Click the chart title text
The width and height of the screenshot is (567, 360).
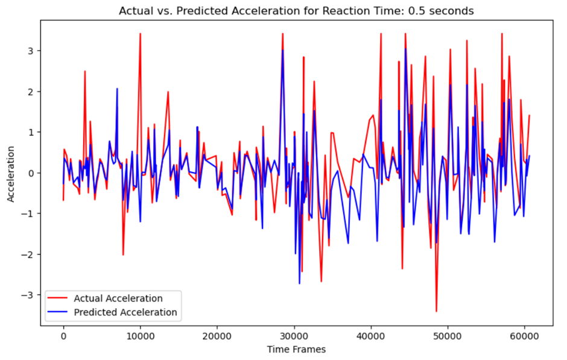pos(296,11)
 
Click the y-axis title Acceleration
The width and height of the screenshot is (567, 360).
pos(10,173)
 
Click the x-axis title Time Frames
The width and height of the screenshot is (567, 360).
pos(296,349)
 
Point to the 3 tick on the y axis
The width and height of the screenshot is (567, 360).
pos(32,51)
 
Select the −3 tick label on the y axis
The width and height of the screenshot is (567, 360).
pos(29,295)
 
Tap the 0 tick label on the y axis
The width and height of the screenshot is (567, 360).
pos(32,173)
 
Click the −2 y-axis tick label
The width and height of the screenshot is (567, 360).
pos(29,254)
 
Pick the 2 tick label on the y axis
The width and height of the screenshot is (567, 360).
pos(32,92)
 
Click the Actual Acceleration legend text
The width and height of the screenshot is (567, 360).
pos(118,298)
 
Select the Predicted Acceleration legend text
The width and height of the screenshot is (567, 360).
pos(125,312)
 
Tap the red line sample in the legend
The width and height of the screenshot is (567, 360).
pos(59,298)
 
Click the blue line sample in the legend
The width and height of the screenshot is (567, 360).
pos(59,312)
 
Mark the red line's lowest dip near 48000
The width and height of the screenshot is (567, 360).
pos(436,311)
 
